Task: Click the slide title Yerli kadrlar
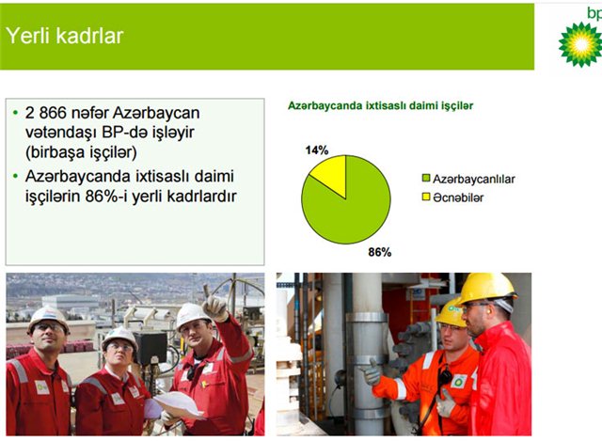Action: (x=65, y=36)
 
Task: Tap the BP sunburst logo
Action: (x=580, y=44)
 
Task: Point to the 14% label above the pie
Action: (x=317, y=150)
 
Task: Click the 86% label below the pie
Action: (x=380, y=252)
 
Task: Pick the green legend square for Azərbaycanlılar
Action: (x=426, y=178)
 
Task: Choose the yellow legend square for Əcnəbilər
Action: (x=426, y=197)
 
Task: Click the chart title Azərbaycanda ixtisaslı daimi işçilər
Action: (x=380, y=105)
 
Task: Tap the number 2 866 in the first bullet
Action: (x=46, y=113)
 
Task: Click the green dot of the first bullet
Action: (x=15, y=113)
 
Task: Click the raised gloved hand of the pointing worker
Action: (x=215, y=307)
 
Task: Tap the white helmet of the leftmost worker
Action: (x=48, y=318)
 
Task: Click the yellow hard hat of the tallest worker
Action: (x=486, y=289)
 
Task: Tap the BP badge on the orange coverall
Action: (x=459, y=381)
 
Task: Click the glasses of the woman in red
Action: (x=120, y=348)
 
